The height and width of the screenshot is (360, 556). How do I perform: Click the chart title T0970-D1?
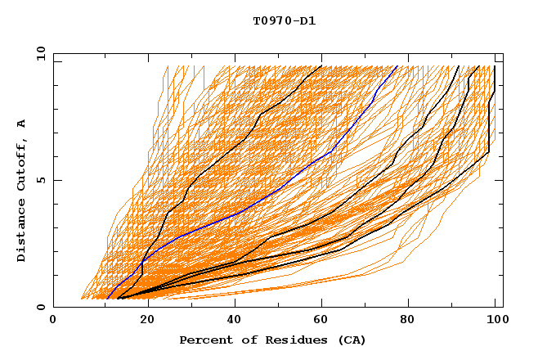[284, 20]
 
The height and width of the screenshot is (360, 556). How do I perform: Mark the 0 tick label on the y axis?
[40, 307]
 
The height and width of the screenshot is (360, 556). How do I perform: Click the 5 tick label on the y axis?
[40, 180]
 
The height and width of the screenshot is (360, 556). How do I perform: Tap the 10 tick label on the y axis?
[39, 53]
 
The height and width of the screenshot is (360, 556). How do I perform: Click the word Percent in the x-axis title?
[203, 340]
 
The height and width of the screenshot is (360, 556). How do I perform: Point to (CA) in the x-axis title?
[352, 340]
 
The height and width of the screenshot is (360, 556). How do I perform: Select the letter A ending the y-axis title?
[21, 124]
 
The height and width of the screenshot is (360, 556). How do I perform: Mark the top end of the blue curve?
[397, 66]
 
